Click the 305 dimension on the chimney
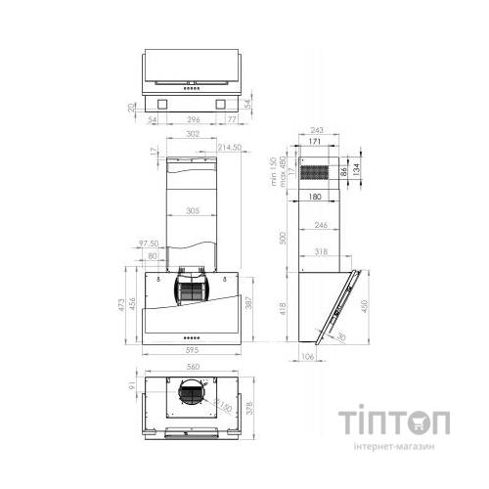pos(193,210)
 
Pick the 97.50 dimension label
pos(148,243)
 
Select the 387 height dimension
pos(251,306)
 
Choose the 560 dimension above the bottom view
pos(193,368)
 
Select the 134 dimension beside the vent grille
pos(359,173)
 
